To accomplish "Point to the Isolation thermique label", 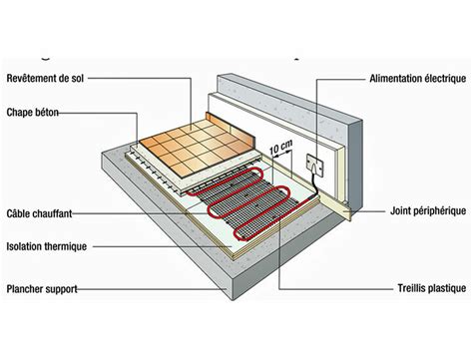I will click(45, 243).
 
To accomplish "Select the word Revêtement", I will click(30, 77).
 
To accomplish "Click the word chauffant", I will click(50, 212).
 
